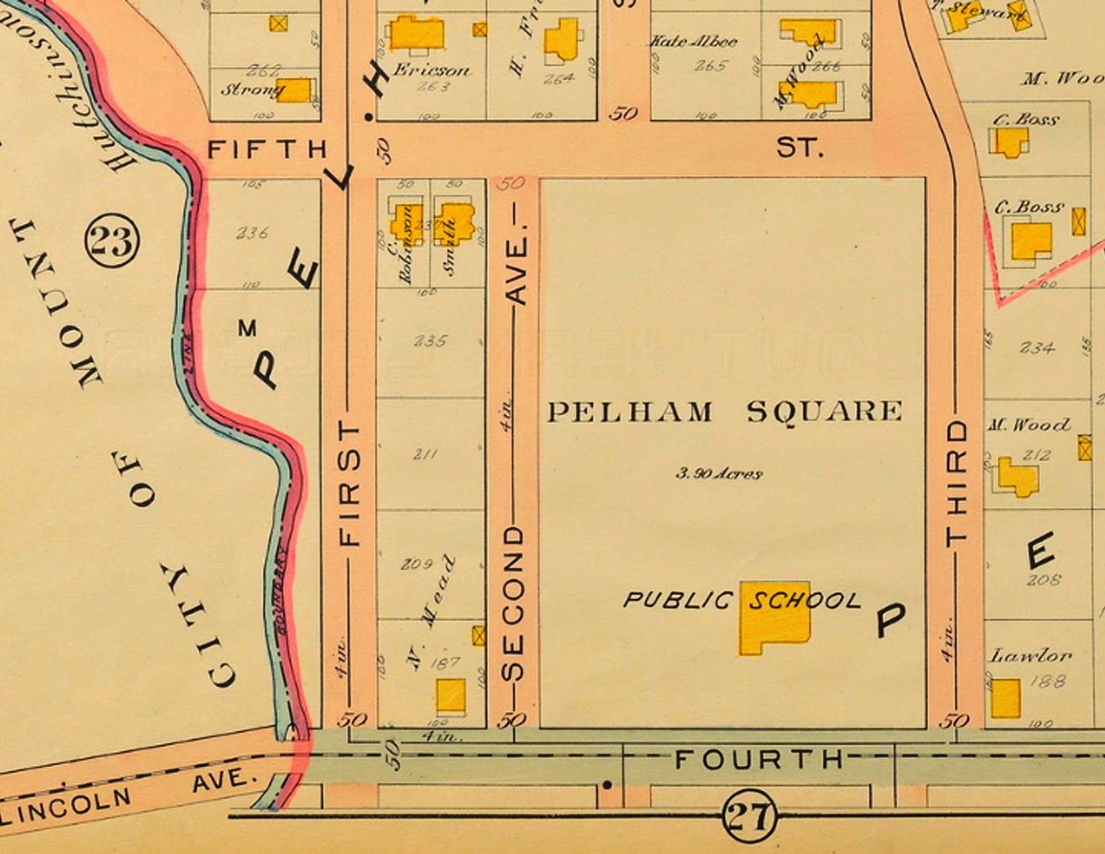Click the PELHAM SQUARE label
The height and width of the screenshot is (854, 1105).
tap(724, 412)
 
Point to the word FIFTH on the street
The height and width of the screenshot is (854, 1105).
tap(267, 149)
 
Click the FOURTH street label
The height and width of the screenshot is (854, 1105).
tap(758, 760)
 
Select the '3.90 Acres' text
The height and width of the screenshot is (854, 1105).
tap(718, 474)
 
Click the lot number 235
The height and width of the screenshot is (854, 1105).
tap(430, 341)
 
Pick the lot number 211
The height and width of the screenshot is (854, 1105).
tap(425, 454)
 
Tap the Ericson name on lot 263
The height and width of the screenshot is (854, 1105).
tap(432, 70)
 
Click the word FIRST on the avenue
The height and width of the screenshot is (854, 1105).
tap(350, 484)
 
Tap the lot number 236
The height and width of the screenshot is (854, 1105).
tap(252, 233)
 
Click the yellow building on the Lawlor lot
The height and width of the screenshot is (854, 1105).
tap(1005, 698)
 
